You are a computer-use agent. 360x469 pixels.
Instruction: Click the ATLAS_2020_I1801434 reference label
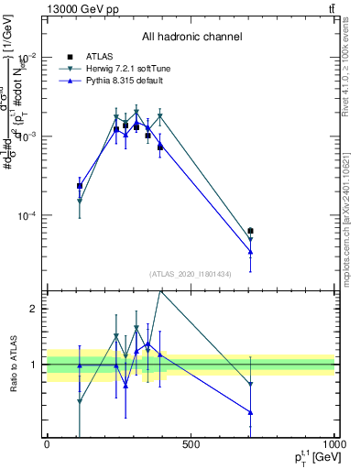click(x=191, y=274)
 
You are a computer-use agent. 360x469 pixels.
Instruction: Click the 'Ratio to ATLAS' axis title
click(x=12, y=364)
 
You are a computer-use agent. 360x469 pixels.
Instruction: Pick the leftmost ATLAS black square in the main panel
click(x=80, y=186)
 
